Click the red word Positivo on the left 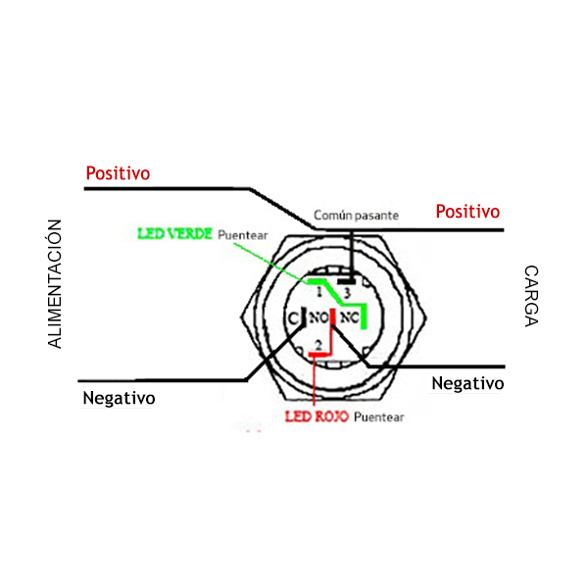coord(118,173)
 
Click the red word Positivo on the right coord(467,212)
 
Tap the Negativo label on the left coord(119,398)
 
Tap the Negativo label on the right coord(467,383)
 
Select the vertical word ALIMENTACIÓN coord(55,284)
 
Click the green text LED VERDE coord(174,235)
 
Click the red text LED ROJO coord(316,416)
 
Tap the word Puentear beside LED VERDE coord(241,236)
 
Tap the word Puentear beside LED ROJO coord(379,417)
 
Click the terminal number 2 coord(318,343)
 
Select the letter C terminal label coord(292,318)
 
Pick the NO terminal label coord(318,318)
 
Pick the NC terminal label coord(350,318)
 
